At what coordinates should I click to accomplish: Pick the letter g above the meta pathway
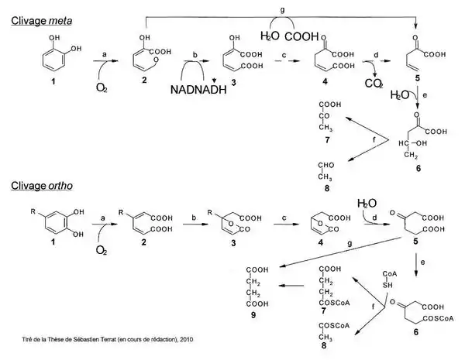pos(293,6)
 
